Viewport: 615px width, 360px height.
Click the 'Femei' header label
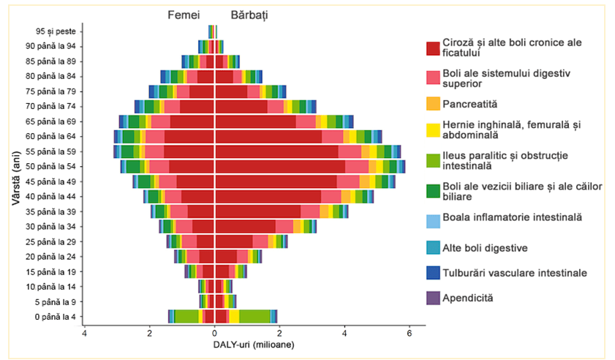click(x=183, y=15)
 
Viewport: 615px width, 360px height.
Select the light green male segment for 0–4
click(x=254, y=316)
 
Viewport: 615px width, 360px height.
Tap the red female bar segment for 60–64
click(x=189, y=137)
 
